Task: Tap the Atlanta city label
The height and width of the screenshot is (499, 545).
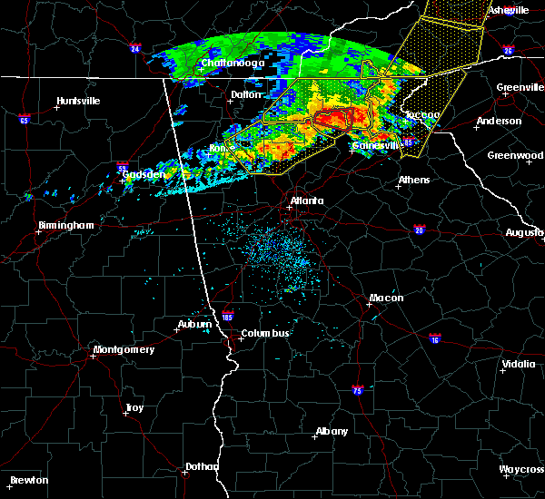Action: (x=306, y=201)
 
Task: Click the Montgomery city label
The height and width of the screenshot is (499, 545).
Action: (x=124, y=349)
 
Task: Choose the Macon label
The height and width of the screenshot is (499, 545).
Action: (x=386, y=298)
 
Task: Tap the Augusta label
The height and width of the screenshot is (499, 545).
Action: (x=524, y=232)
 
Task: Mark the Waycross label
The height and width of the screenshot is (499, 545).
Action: (x=522, y=469)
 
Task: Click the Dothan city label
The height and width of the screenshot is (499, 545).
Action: (x=202, y=466)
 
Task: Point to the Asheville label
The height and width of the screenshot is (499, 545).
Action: (x=508, y=10)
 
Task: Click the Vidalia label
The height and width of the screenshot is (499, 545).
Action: (x=518, y=365)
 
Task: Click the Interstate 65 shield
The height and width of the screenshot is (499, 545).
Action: (x=24, y=119)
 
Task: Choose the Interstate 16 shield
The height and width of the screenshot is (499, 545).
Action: (x=435, y=338)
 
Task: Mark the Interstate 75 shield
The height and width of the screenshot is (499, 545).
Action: (x=357, y=389)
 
